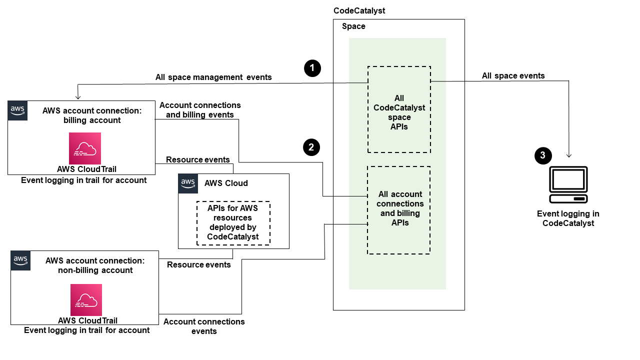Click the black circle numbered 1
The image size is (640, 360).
click(x=312, y=68)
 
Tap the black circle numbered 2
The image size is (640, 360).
click(x=311, y=147)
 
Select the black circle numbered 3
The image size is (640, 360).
click(x=543, y=155)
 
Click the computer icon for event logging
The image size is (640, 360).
click(x=568, y=184)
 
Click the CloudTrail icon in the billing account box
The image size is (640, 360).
click(x=85, y=148)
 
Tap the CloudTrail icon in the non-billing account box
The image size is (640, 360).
click(x=86, y=300)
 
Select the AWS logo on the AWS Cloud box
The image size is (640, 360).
click(x=188, y=183)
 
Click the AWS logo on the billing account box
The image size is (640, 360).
click(x=17, y=110)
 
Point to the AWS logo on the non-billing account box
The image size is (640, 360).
click(x=20, y=260)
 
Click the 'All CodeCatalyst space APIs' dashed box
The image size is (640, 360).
click(x=399, y=109)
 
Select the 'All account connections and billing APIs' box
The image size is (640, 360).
click(x=399, y=210)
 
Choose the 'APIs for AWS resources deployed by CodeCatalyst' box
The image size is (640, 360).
click(x=233, y=223)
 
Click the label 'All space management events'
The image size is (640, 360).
click(x=213, y=77)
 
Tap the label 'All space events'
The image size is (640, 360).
click(x=513, y=76)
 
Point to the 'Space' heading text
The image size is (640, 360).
click(x=353, y=26)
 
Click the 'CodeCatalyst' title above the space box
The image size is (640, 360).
click(x=359, y=10)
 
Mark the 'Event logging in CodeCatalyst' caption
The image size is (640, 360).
click(x=568, y=218)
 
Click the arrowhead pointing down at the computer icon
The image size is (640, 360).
click(x=569, y=156)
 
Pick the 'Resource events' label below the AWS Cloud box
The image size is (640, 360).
click(x=199, y=264)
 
